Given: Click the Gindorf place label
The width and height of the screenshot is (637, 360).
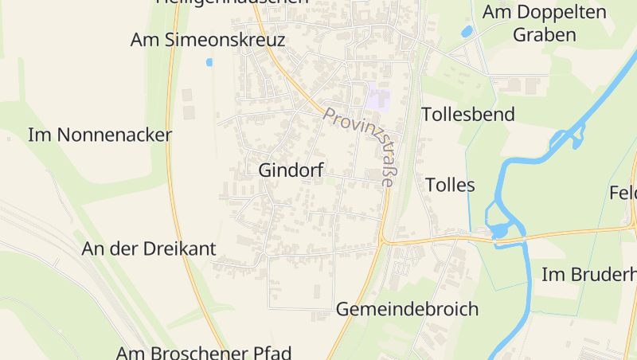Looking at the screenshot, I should point(291,170).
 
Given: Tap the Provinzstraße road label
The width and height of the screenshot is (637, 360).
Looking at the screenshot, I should point(359,147).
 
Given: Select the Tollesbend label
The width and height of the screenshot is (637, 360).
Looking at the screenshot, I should point(467,114).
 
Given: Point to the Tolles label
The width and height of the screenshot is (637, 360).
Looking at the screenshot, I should point(450,186).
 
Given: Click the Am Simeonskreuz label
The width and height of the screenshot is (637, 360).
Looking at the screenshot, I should point(207,41).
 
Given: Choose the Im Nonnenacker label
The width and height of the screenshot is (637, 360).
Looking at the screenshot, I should point(100,135).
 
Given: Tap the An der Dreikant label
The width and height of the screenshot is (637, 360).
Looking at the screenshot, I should point(149,248).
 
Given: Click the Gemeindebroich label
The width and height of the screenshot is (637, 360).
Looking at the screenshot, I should point(407,309).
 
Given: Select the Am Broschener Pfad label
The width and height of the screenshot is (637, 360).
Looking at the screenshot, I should point(204,352).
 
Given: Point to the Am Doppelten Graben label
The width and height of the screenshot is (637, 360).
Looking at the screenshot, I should point(545,23).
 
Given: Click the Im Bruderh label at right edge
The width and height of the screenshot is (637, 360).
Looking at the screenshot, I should point(588,275).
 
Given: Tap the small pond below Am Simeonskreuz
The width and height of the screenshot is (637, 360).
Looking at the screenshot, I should point(209,62).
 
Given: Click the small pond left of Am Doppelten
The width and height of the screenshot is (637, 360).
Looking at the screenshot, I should point(467,32).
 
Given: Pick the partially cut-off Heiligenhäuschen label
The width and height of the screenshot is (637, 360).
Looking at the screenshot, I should point(232,2).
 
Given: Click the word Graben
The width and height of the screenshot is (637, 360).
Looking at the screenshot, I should point(545,35).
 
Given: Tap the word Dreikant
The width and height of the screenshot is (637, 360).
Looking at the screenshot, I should point(181,248).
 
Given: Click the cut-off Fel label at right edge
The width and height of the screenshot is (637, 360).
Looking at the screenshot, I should point(623,194).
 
